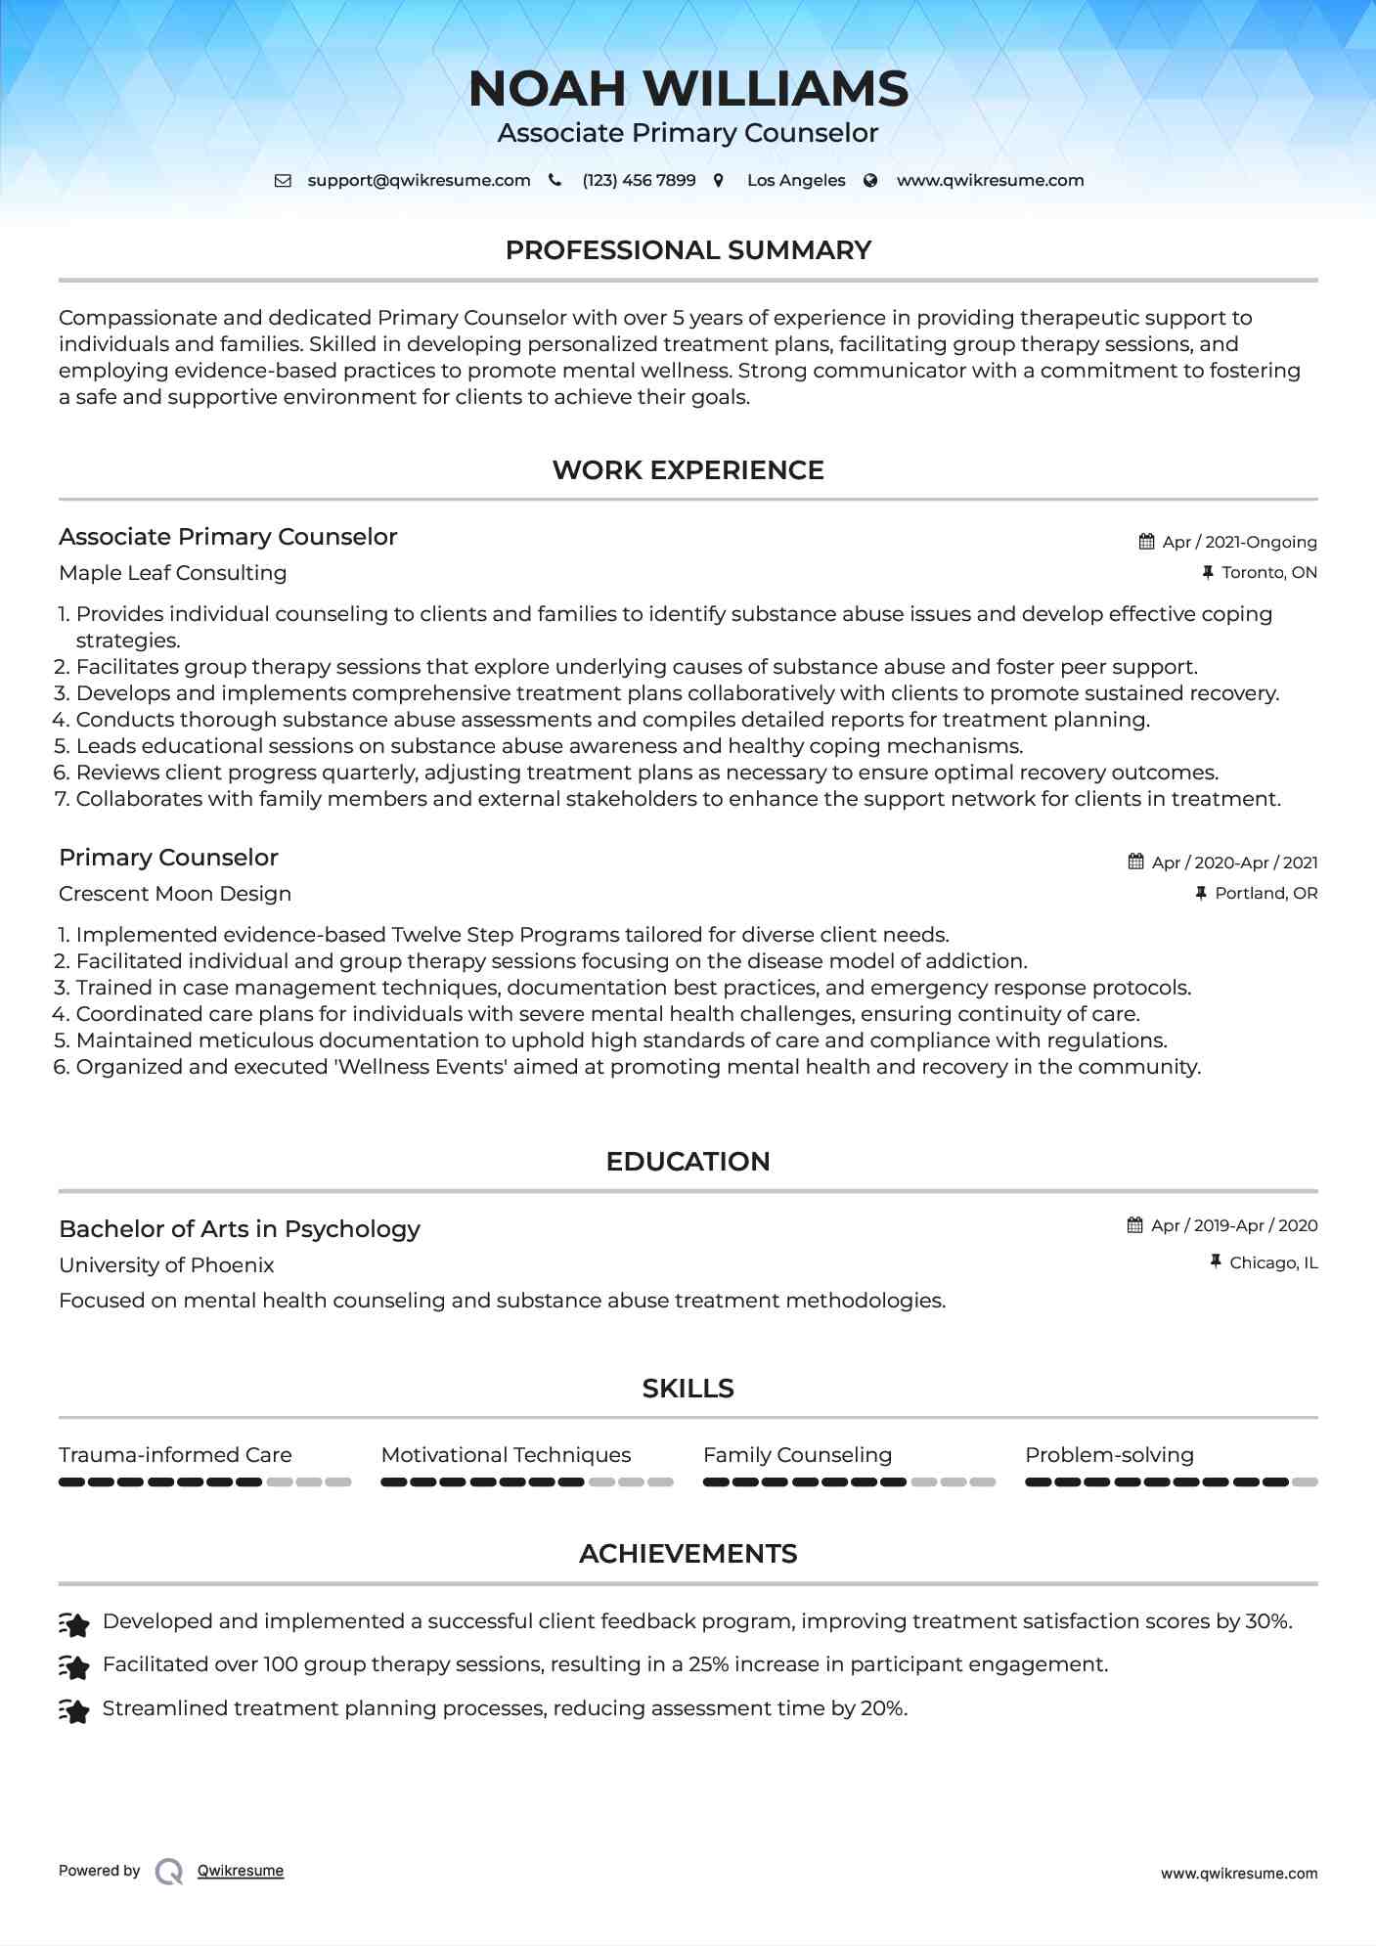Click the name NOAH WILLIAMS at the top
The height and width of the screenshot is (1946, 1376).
(x=688, y=89)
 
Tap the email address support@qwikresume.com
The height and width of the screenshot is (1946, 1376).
(x=419, y=181)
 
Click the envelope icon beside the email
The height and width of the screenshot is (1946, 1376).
(x=283, y=181)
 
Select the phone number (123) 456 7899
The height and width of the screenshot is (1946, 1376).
(x=639, y=181)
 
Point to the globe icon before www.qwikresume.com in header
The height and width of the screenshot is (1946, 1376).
(x=870, y=181)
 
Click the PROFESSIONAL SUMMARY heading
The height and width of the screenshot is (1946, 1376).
(x=688, y=250)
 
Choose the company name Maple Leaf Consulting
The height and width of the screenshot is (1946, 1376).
(x=172, y=573)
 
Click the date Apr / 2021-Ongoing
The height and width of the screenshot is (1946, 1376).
(x=1239, y=542)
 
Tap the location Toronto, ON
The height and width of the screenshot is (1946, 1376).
(x=1268, y=573)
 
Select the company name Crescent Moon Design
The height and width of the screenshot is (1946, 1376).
(x=175, y=894)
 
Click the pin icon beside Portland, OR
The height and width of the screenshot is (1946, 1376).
(x=1201, y=894)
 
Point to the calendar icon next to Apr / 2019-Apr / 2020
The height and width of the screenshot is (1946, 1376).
(x=1134, y=1225)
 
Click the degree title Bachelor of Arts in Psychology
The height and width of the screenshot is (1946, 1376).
(x=240, y=1229)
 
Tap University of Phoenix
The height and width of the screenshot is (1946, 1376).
(x=166, y=1265)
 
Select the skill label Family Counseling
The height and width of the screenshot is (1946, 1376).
(x=797, y=1455)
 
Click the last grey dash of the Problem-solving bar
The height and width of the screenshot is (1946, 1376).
(x=1305, y=1482)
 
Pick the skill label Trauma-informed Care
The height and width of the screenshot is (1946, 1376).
(x=175, y=1455)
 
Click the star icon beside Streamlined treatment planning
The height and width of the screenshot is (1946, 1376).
(x=74, y=1710)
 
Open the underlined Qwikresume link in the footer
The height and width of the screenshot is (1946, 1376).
(x=241, y=1871)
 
